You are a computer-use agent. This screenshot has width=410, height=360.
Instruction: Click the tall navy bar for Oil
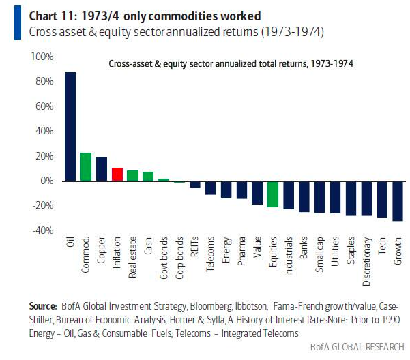(70, 126)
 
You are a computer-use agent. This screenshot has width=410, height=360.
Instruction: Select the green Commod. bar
(86, 167)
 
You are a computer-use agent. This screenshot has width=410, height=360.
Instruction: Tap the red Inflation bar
(117, 174)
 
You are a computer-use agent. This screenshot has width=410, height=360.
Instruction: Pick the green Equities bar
(273, 194)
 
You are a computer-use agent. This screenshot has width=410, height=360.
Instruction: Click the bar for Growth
(398, 200)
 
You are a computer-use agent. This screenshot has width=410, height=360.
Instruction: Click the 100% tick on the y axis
(42, 57)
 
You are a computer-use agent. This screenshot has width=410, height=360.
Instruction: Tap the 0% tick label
(46, 181)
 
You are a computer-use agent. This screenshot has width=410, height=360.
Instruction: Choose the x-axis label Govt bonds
(164, 257)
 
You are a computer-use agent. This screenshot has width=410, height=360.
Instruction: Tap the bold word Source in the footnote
(42, 306)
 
